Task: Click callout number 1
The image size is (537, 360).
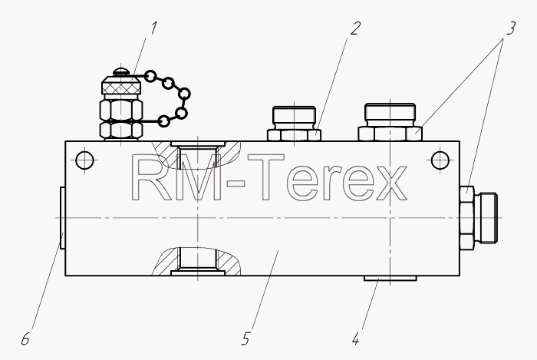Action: (153, 28)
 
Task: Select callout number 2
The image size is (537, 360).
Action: (355, 28)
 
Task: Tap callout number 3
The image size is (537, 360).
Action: (510, 28)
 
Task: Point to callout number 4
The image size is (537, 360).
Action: (355, 339)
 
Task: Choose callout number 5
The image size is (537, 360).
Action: (245, 339)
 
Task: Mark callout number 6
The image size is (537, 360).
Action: (25, 339)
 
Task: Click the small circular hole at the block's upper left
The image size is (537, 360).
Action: (84, 160)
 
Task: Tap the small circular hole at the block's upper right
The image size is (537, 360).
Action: (440, 160)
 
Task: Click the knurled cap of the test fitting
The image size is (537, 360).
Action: (121, 85)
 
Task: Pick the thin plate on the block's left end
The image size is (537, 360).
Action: (62, 218)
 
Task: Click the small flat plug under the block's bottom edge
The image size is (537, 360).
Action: (390, 278)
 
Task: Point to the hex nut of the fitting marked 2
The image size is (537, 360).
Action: (294, 135)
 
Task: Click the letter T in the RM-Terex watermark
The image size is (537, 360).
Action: (266, 177)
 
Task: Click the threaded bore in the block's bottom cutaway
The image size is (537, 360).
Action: (198, 259)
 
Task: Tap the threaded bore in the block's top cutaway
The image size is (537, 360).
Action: (198, 157)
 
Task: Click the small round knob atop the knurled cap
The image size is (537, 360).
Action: (121, 72)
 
